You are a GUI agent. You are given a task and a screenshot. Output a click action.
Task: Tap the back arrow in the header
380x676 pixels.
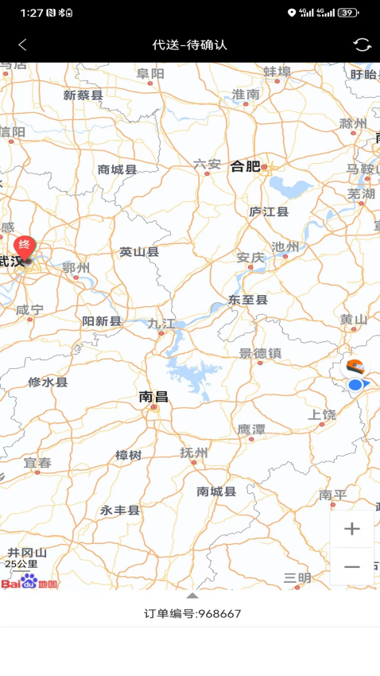pyautogui.click(x=22, y=45)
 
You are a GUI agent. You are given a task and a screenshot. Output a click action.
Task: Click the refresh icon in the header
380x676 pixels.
pyautogui.click(x=363, y=45)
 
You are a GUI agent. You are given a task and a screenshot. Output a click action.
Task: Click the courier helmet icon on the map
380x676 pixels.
pyautogui.click(x=355, y=367)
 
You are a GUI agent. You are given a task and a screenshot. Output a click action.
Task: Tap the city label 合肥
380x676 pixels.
pyautogui.click(x=246, y=166)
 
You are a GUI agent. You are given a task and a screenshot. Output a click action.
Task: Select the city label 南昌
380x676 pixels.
pyautogui.click(x=153, y=395)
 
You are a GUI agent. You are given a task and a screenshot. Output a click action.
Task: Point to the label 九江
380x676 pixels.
pyautogui.click(x=161, y=324)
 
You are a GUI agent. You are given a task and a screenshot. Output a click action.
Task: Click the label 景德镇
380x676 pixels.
pyautogui.click(x=260, y=353)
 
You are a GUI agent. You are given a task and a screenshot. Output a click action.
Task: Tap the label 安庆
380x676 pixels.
pyautogui.click(x=250, y=258)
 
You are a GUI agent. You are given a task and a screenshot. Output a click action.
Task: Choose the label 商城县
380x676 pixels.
pyautogui.click(x=118, y=169)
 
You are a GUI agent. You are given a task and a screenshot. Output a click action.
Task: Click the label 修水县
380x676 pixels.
pyautogui.click(x=48, y=382)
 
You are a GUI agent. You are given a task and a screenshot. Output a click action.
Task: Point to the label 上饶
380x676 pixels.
pyautogui.click(x=322, y=414)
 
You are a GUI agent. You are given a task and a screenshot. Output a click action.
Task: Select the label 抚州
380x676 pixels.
pyautogui.click(x=194, y=453)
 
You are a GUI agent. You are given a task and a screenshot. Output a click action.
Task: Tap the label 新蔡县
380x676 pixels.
pyautogui.click(x=83, y=95)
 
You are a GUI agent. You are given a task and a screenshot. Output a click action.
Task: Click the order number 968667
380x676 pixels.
pyautogui.click(x=219, y=614)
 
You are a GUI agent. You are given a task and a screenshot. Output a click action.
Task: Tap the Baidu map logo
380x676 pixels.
pyautogui.click(x=29, y=582)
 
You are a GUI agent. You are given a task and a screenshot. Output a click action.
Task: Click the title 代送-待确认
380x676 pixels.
pyautogui.click(x=190, y=45)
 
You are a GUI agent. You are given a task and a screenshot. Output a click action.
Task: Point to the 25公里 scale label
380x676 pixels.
pyautogui.click(x=21, y=564)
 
